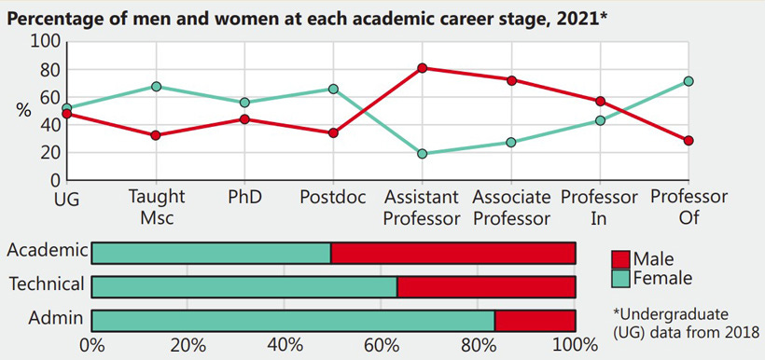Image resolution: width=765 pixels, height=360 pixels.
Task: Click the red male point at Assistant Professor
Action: [x=423, y=68]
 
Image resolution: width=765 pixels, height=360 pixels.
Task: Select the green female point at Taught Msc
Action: [x=157, y=87]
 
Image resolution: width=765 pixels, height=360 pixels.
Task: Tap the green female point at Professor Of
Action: [x=688, y=81]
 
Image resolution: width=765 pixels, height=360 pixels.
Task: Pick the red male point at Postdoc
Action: [x=334, y=133]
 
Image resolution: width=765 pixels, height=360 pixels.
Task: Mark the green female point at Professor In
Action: [x=600, y=120]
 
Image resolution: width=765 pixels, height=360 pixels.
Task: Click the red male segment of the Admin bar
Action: [x=535, y=320]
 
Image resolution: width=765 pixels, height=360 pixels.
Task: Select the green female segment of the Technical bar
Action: [x=244, y=285]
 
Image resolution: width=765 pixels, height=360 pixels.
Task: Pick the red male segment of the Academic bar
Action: [x=452, y=253]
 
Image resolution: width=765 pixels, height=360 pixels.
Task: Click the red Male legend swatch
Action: [x=619, y=258]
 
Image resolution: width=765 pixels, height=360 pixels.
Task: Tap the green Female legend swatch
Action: [x=619, y=277]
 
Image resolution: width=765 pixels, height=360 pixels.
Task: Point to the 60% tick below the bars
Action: [x=382, y=345]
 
